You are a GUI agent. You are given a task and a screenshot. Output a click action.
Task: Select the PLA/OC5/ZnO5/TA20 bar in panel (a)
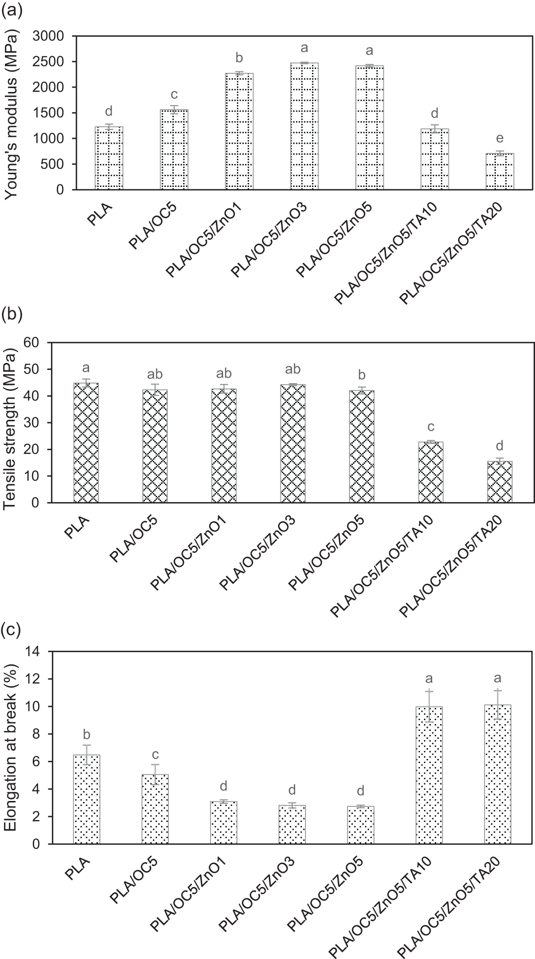pos(500,171)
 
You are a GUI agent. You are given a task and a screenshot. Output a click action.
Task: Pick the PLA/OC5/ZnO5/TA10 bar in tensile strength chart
pos(431,472)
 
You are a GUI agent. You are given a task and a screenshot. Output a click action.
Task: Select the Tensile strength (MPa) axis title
pos(11,423)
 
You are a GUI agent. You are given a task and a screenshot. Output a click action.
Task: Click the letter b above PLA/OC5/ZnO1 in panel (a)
pos(239,58)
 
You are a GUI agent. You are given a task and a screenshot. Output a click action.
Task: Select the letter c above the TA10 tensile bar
pos(431,427)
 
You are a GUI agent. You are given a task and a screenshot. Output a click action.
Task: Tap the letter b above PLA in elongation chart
pos(87,734)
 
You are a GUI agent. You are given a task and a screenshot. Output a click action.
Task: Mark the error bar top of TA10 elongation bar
pos(429,690)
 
